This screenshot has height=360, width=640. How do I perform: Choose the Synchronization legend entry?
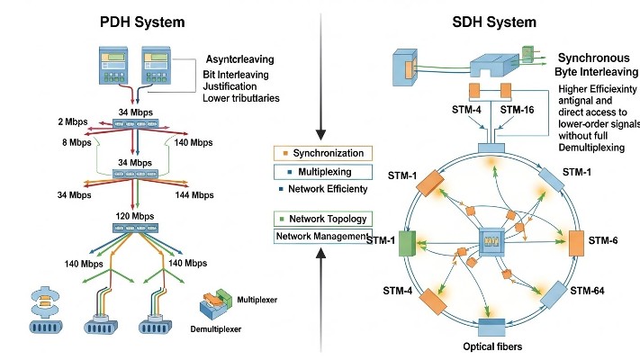320,154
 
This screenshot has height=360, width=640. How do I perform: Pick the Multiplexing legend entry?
320,171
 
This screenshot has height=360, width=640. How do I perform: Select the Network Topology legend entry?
320,219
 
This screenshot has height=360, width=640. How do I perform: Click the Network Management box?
320,237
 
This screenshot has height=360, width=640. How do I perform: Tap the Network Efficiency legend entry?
320,188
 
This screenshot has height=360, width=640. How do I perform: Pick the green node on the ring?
405,244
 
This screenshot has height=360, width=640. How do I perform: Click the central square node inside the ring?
492,243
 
